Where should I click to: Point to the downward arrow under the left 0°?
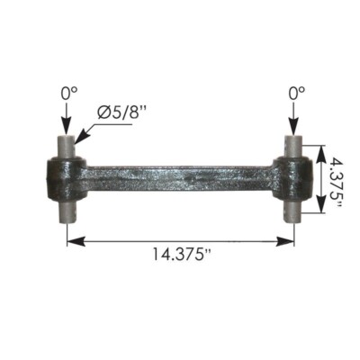pos(67,121)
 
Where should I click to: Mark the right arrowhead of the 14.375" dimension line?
pos(289,239)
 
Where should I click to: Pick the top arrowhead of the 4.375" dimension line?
pos(319,145)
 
